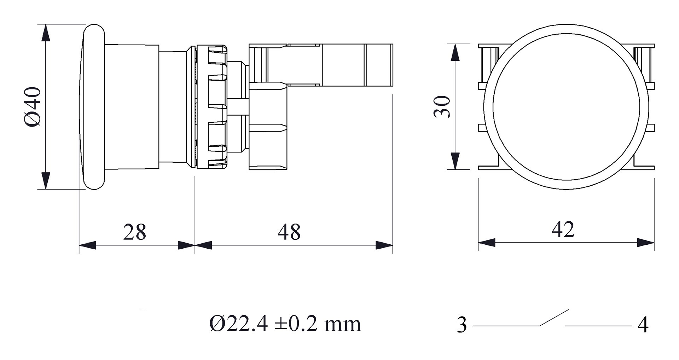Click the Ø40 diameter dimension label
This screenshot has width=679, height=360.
(33, 107)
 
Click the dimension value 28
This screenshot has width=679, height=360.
(134, 232)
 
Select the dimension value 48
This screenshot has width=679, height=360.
(289, 232)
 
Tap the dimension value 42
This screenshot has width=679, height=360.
(563, 229)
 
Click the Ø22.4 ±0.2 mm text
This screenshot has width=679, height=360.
(285, 324)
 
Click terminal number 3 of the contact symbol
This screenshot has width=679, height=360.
(462, 325)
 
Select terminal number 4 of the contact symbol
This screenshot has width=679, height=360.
(643, 325)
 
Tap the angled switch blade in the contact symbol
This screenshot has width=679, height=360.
(554, 318)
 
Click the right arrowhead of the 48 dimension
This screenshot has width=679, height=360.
(384, 245)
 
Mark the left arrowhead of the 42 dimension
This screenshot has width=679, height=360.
(487, 243)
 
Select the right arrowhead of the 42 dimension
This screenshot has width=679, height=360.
(645, 243)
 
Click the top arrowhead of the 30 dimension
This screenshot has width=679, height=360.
(455, 52)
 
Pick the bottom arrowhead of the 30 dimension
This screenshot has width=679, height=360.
(455, 161)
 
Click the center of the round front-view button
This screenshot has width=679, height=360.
(566, 107)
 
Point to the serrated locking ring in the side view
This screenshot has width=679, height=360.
(211, 107)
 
